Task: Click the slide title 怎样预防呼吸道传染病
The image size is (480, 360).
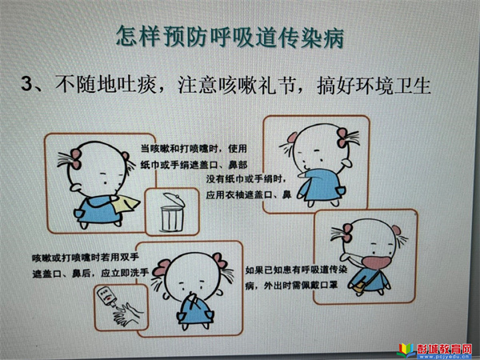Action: coord(230,37)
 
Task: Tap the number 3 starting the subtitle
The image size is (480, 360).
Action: coord(27,83)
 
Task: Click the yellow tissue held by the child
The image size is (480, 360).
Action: coord(126,203)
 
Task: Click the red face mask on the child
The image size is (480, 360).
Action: coord(376,264)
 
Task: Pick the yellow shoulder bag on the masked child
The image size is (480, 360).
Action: coord(360,287)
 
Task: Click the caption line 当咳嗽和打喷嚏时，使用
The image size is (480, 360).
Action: coord(194,149)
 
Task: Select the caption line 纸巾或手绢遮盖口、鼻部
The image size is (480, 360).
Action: coord(194,165)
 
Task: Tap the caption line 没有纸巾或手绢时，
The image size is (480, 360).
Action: coord(246,178)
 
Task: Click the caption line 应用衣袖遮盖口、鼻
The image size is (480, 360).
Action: coord(248,194)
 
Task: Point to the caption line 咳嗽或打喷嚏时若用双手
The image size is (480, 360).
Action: coord(86,257)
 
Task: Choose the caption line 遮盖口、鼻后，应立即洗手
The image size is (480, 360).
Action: coord(90,273)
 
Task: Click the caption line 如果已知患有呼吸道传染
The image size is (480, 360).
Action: coord(296,270)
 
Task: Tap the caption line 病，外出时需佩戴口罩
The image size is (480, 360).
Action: coord(291,286)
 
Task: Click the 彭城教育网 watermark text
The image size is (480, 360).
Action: coord(444,349)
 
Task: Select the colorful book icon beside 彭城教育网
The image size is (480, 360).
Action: coord(406,350)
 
